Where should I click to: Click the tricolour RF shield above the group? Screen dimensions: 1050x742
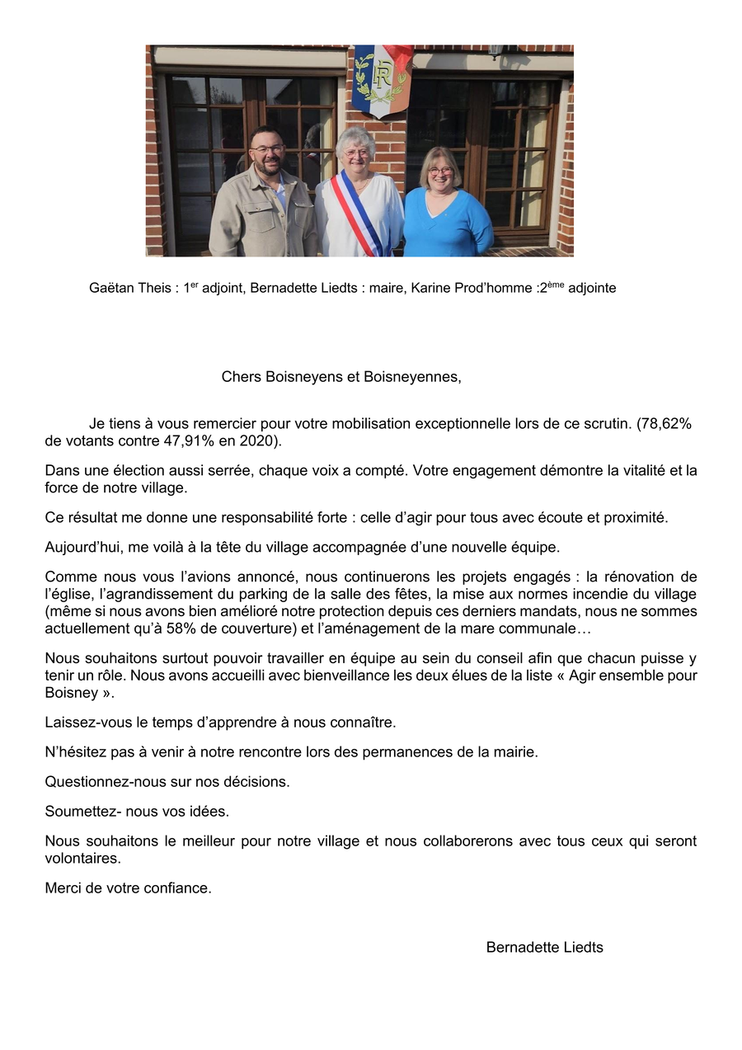pos(381,78)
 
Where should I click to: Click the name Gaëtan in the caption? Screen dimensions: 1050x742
pos(110,289)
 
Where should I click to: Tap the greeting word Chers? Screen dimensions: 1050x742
pos(242,377)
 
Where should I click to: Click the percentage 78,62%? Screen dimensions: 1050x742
pos(664,424)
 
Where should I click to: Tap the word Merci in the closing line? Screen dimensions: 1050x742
pos(63,888)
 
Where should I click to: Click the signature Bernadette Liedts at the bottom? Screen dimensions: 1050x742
pos(544,948)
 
